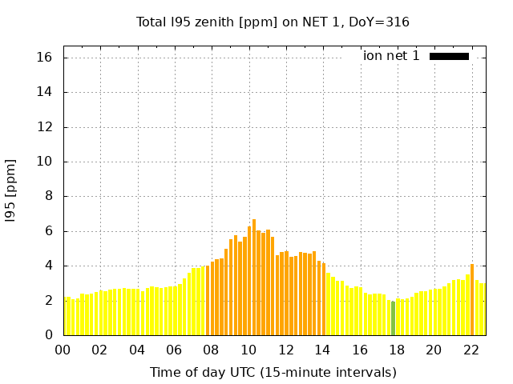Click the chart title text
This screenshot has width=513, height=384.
[x=273, y=22]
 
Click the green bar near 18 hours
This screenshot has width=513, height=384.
[x=393, y=318]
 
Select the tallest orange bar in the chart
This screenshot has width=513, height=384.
[x=254, y=277]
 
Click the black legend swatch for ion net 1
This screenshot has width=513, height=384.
[x=449, y=56]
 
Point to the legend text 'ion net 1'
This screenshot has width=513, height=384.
[x=391, y=56]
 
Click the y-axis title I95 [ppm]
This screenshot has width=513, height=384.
[x=10, y=190]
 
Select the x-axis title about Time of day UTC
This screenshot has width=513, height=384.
[x=273, y=372]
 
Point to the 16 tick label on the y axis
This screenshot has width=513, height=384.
[x=44, y=58]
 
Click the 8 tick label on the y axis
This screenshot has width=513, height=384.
[x=48, y=196]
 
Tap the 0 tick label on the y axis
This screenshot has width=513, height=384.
[x=48, y=335]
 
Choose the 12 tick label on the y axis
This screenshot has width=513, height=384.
[x=44, y=127]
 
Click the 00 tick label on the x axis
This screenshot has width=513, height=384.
[x=63, y=350]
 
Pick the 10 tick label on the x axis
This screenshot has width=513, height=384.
[x=248, y=350]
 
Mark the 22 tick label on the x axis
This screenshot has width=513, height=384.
[x=471, y=350]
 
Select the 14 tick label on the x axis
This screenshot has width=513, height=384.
[x=322, y=350]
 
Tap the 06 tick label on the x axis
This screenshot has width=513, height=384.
[x=174, y=350]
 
